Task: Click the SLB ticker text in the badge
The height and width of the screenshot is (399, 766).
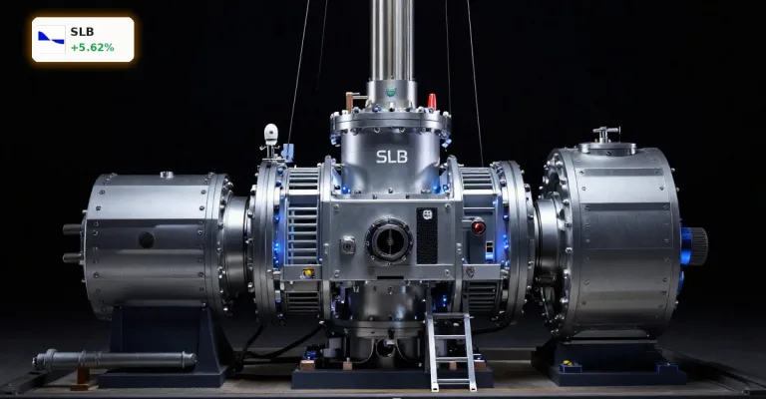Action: (x=82, y=32)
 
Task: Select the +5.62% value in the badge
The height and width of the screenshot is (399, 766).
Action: (x=93, y=47)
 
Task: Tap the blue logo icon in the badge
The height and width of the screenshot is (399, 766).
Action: (x=51, y=38)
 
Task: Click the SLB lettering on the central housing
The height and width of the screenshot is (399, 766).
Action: (x=392, y=157)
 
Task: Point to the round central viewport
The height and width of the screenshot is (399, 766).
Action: (x=389, y=240)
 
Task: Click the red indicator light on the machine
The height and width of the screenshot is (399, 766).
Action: (x=478, y=227)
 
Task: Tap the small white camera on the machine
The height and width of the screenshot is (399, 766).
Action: (x=270, y=134)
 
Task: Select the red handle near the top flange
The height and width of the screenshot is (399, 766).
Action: (x=432, y=102)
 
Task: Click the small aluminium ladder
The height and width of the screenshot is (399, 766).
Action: (x=450, y=349)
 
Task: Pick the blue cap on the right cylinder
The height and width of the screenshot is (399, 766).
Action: (x=687, y=245)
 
